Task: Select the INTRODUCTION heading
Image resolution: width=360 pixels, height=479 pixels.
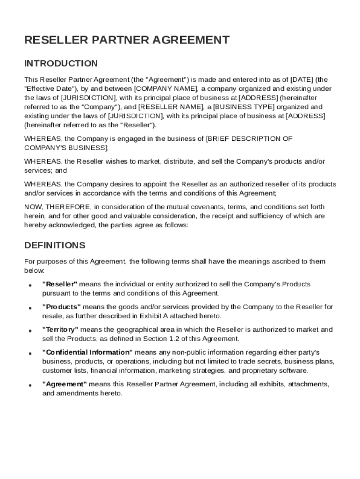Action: [61, 63]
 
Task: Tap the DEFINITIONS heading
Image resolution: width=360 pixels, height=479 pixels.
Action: [55, 245]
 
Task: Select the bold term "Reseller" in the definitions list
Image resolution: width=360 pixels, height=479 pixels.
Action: [60, 284]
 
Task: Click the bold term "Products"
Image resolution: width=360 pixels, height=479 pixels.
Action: [62, 307]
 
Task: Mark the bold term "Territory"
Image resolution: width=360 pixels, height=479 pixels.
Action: [60, 330]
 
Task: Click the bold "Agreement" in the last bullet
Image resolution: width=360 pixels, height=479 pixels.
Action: [65, 384]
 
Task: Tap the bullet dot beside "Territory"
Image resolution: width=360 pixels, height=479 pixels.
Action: [29, 331]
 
